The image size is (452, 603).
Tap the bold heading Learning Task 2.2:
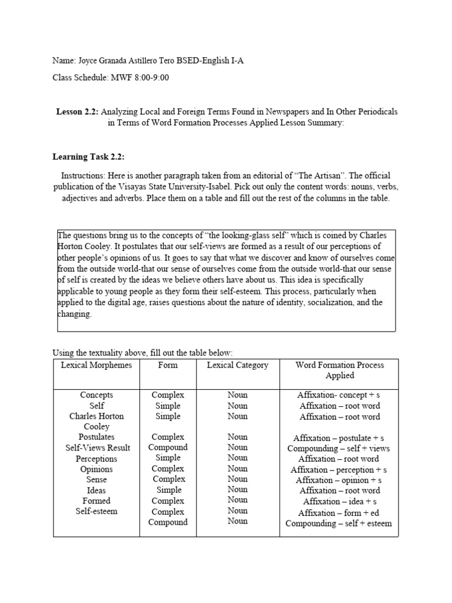[88, 156]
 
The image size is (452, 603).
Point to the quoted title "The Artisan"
[299, 175]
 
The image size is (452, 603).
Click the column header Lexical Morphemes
[97, 365]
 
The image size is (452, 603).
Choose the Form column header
[168, 365]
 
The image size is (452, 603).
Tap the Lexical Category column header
[237, 365]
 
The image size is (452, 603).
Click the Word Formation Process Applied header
[340, 370]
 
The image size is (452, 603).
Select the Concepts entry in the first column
[97, 395]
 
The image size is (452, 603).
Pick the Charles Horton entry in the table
[97, 416]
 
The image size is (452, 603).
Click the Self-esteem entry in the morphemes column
[97, 511]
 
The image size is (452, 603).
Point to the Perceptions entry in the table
[97, 459]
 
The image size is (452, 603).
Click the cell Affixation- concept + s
[339, 395]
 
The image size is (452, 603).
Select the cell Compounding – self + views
[339, 448]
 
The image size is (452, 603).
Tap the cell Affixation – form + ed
[339, 513]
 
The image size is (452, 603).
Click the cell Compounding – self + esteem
[339, 524]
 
